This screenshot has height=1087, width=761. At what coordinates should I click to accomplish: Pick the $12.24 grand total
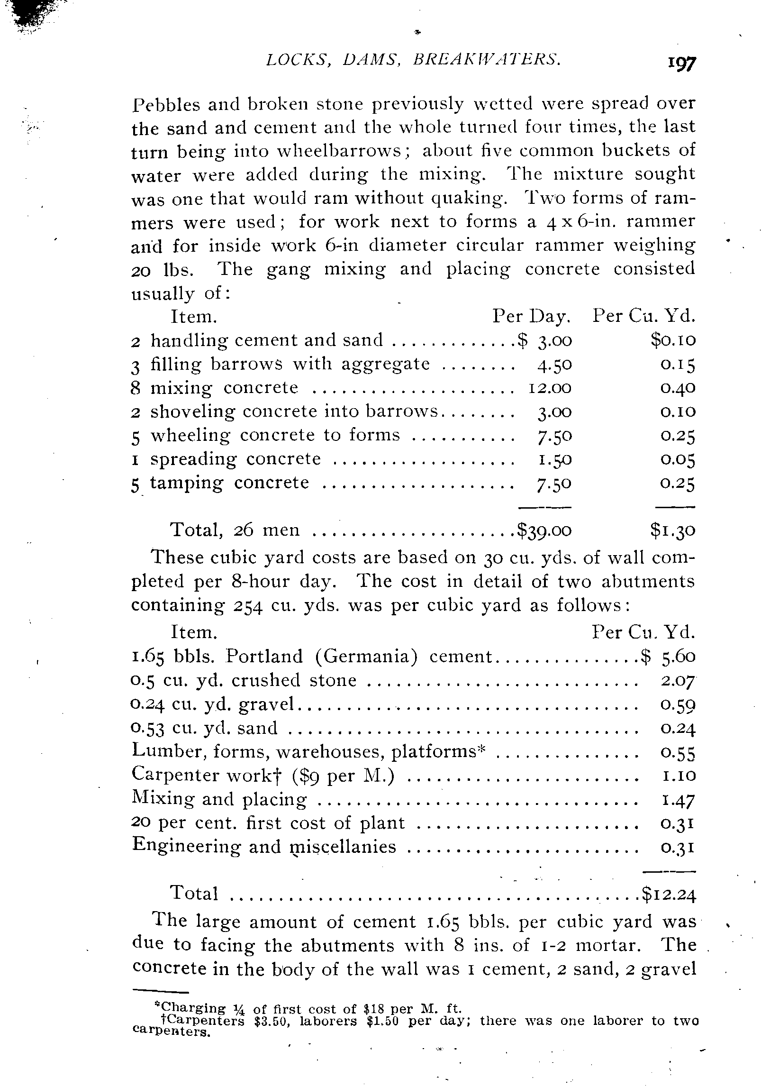pos(669,893)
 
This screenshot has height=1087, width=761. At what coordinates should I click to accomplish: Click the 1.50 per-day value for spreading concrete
pos(553,459)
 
